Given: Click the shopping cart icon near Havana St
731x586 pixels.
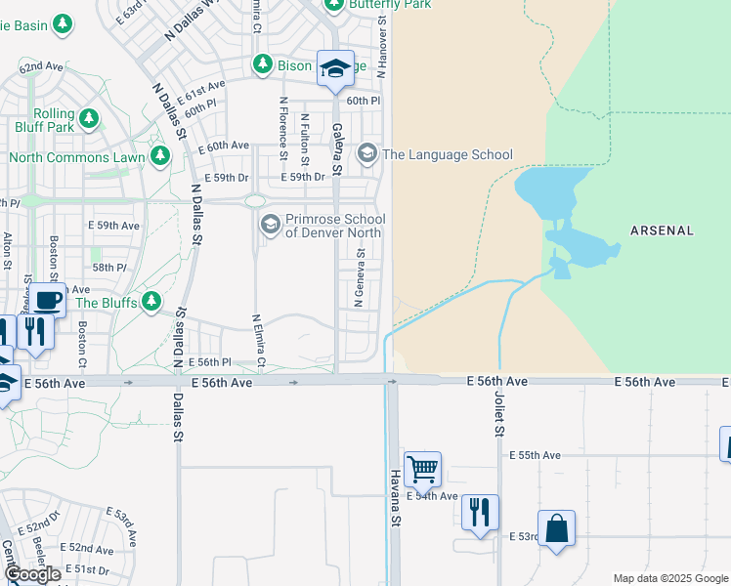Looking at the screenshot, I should click(422, 469).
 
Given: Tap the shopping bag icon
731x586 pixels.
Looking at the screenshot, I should click(556, 528).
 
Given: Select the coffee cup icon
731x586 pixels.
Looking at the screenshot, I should click(47, 300).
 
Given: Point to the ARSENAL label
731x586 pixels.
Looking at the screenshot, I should click(662, 230).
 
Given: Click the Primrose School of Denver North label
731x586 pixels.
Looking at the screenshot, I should click(334, 227).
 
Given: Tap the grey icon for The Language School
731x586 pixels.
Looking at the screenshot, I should click(367, 152).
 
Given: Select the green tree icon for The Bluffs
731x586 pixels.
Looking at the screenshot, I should click(150, 301).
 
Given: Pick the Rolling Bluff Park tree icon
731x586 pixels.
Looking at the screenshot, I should click(89, 119).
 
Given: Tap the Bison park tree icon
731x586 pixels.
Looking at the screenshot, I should click(262, 65).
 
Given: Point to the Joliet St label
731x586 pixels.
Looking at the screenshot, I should click(498, 415).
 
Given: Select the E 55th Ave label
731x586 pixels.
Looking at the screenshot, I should click(535, 455).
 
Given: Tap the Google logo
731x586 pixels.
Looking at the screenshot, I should click(33, 573).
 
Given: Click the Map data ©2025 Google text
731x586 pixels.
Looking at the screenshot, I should click(669, 578).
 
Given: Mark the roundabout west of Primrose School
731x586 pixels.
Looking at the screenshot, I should click(255, 200).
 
